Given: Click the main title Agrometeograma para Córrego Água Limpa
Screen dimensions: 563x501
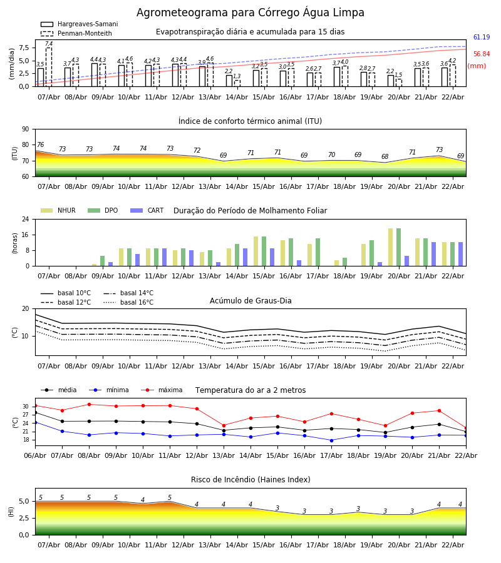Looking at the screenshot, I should click(250, 13).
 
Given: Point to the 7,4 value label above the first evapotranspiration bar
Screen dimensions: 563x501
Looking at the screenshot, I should click(49, 44).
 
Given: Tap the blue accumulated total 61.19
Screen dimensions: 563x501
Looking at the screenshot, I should click(482, 38).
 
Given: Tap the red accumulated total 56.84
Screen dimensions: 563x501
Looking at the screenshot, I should click(482, 54).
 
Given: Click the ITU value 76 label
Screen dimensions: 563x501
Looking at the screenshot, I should click(40, 145).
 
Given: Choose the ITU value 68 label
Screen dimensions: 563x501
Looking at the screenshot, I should click(385, 157).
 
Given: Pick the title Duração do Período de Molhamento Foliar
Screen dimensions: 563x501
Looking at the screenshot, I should click(250, 211).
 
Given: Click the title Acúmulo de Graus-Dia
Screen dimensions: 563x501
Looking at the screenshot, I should click(250, 301).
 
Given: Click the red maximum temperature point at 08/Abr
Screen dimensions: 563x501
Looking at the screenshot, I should click(89, 404).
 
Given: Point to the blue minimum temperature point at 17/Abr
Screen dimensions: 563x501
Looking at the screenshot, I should click(331, 440).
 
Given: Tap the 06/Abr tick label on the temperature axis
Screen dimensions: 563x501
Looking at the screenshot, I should click(35, 455).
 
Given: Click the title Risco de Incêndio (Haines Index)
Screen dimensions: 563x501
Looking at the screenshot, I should click(250, 480).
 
